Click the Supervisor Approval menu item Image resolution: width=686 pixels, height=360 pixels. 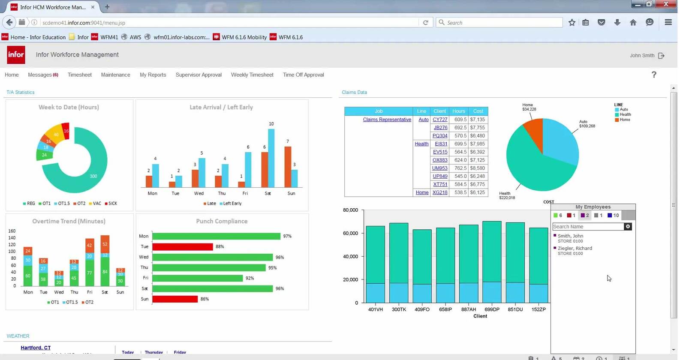[x=199, y=75]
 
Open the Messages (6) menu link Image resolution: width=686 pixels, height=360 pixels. [x=43, y=75]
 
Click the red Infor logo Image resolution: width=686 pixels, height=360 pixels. [x=16, y=55]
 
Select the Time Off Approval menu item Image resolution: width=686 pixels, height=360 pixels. [x=303, y=75]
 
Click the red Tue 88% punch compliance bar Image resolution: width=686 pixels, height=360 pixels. [x=183, y=247]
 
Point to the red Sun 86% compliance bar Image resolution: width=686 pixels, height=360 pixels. [x=175, y=299]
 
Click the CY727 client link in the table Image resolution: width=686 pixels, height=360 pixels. [x=440, y=120]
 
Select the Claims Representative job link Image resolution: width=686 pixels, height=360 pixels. [x=387, y=120]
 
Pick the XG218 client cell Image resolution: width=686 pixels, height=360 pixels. [x=440, y=192]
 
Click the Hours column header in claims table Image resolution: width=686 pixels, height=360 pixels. [x=458, y=111]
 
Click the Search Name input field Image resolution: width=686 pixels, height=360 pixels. [x=587, y=227]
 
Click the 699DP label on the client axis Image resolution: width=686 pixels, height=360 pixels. [x=492, y=309]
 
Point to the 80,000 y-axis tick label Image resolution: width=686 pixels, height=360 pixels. [x=350, y=210]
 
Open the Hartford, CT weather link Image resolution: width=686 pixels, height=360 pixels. [x=36, y=348]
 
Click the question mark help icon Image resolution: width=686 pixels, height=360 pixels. [x=654, y=75]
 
